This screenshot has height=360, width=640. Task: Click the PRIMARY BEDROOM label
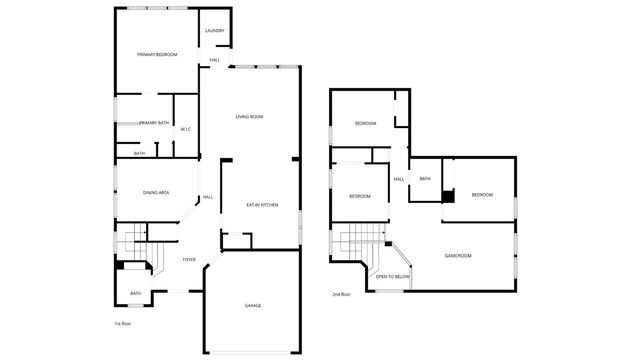click(157, 54)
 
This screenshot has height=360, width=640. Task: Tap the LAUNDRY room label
click(215, 31)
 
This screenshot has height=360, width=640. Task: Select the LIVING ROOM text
click(249, 117)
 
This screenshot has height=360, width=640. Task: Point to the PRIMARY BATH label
click(154, 123)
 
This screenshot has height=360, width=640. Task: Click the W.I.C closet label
click(186, 129)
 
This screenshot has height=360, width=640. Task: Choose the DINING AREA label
click(155, 192)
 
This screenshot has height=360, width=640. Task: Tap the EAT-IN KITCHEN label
click(262, 205)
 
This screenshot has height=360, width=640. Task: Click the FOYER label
click(189, 260)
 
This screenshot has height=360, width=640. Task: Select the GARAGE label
click(253, 305)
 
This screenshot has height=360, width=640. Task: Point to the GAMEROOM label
click(458, 256)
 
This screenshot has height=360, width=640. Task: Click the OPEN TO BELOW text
click(393, 276)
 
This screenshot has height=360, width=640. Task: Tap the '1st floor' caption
click(124, 323)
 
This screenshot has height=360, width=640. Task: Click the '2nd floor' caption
click(342, 294)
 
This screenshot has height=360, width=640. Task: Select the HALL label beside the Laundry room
click(215, 61)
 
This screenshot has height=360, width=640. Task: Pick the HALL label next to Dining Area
click(208, 197)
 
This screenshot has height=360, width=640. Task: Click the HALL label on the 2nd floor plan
click(398, 179)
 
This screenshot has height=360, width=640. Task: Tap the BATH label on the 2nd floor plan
click(425, 179)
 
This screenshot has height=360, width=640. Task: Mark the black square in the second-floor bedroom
click(448, 195)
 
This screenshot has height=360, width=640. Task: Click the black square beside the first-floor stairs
click(120, 266)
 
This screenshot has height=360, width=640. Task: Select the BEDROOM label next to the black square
click(483, 194)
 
